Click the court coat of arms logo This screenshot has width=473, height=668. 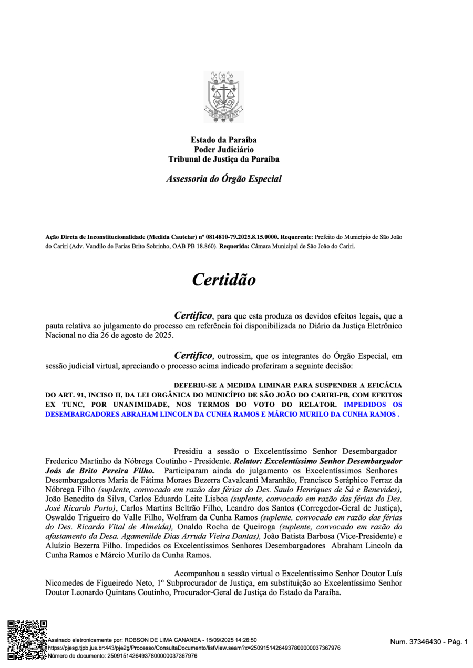(224, 97)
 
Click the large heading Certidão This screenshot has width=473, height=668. (224, 279)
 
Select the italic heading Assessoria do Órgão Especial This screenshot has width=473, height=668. (224, 179)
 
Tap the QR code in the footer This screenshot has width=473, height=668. (26, 639)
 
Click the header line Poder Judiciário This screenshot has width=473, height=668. (224, 150)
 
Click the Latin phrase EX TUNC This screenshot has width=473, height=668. (63, 405)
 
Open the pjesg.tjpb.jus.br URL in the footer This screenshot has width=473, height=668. (193, 648)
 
